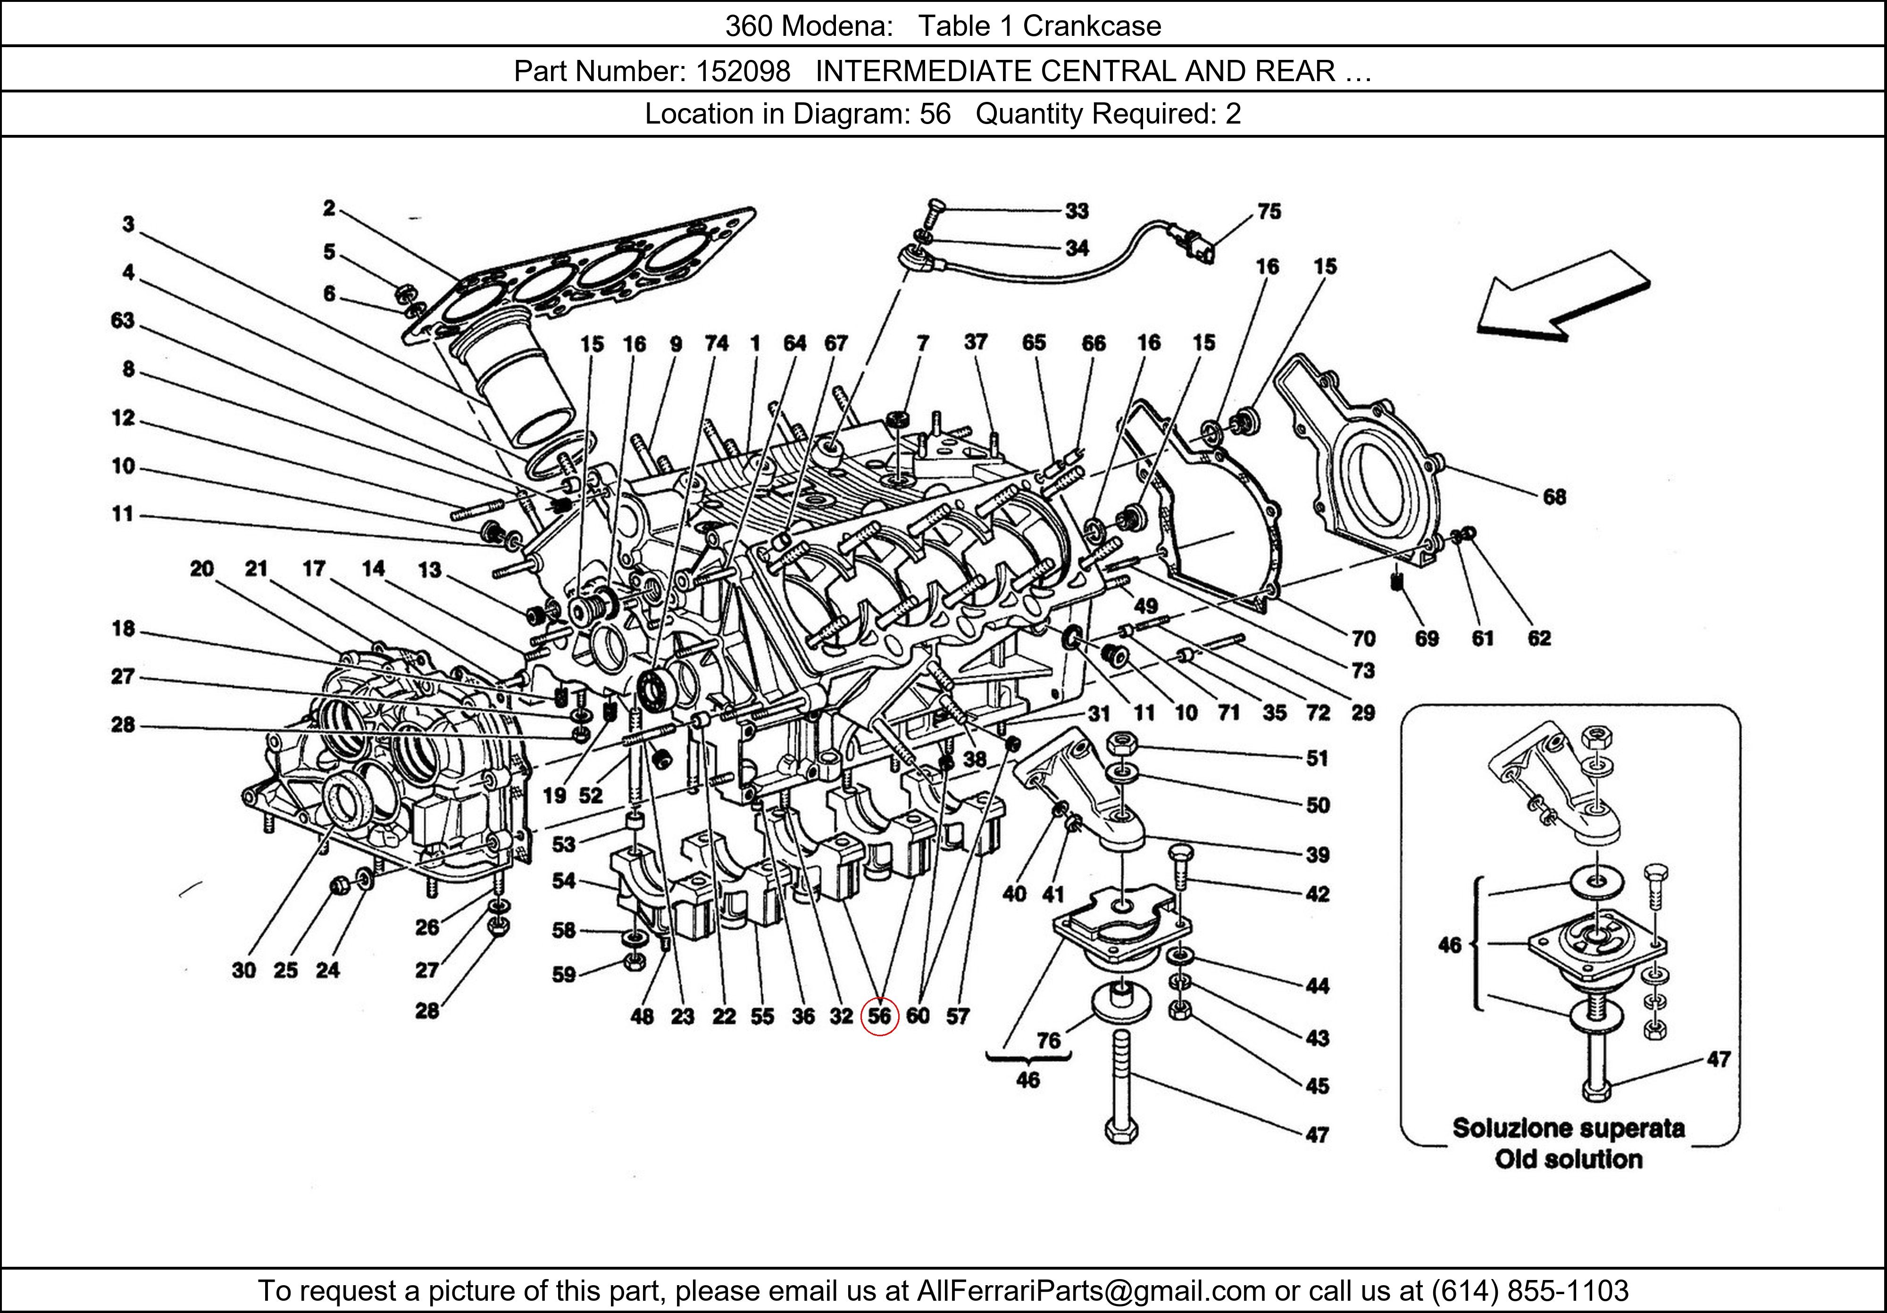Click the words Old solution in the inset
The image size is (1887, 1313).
click(x=1568, y=1159)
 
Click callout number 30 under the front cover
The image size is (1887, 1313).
click(x=243, y=971)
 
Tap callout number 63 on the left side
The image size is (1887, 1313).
click(x=123, y=320)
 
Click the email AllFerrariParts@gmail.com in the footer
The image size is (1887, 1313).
click(x=1091, y=1291)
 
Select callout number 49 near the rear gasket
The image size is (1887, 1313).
click(x=1146, y=607)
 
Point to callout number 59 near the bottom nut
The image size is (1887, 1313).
click(x=564, y=974)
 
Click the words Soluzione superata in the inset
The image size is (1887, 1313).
click(x=1568, y=1128)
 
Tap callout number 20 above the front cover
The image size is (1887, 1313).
click(x=201, y=569)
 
